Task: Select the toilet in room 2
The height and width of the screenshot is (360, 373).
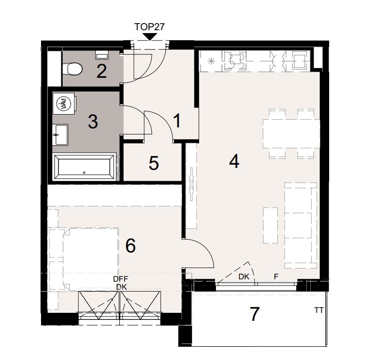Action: tap(73, 70)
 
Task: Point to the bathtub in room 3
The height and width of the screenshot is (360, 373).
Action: tap(85, 167)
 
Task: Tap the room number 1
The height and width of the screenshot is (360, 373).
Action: tap(177, 121)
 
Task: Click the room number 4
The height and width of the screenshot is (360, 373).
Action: tap(234, 162)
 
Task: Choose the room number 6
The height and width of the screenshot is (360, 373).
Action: tap(131, 246)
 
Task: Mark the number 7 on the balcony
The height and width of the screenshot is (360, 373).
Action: tap(255, 314)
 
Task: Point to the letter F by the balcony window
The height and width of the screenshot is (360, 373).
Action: tap(276, 277)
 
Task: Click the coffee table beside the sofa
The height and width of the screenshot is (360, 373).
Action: tap(270, 225)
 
